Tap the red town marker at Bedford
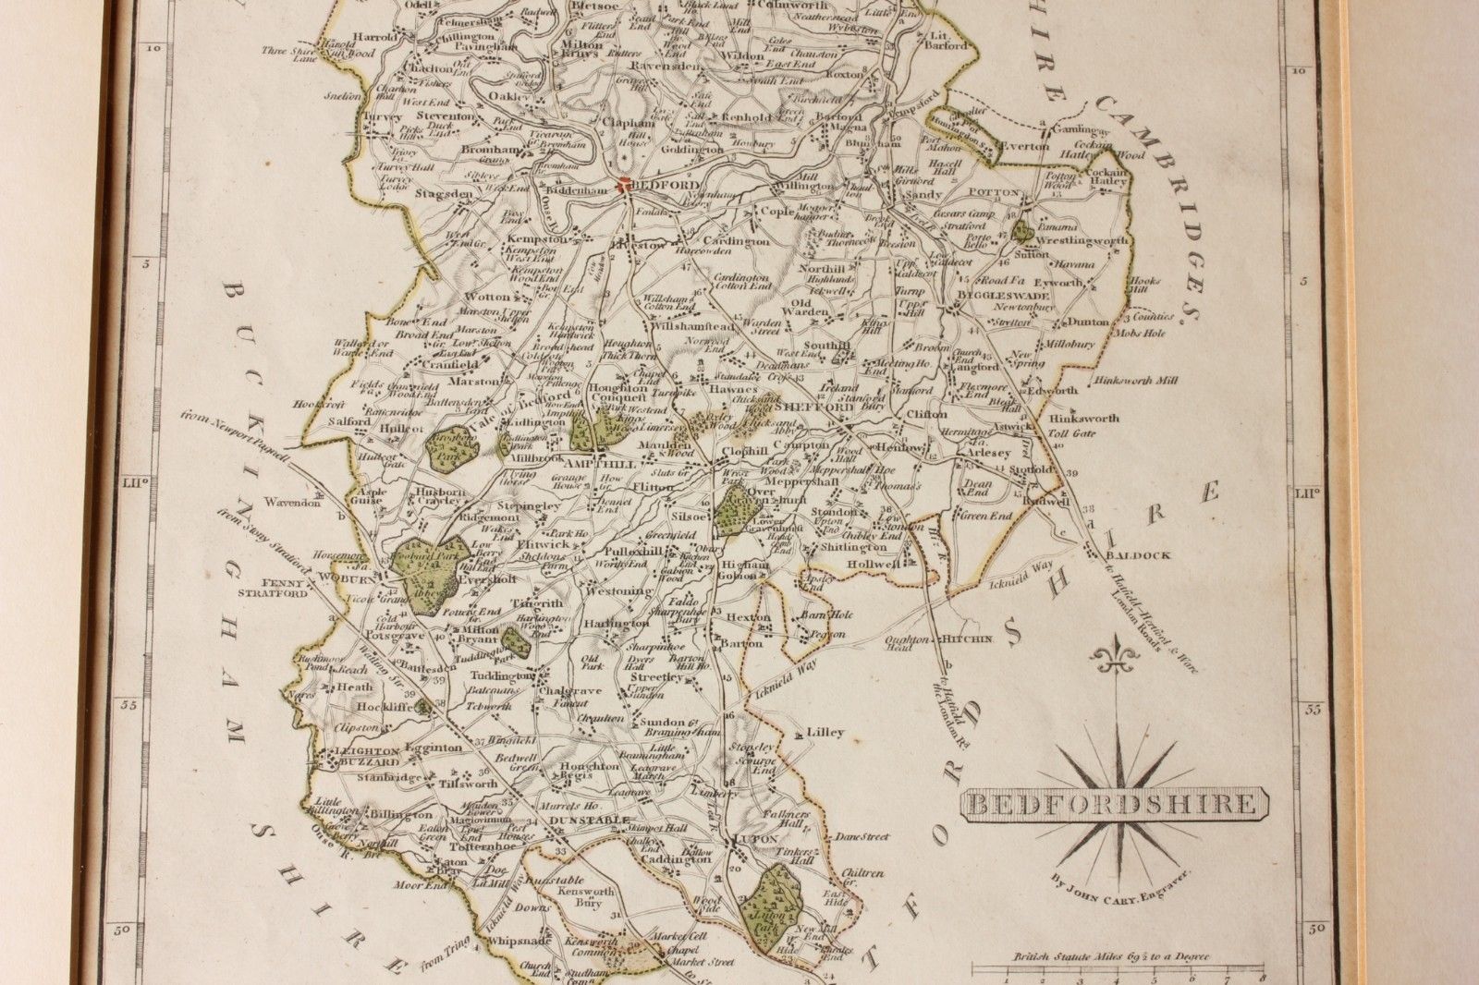click(624, 184)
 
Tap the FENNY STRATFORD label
click(284, 589)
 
